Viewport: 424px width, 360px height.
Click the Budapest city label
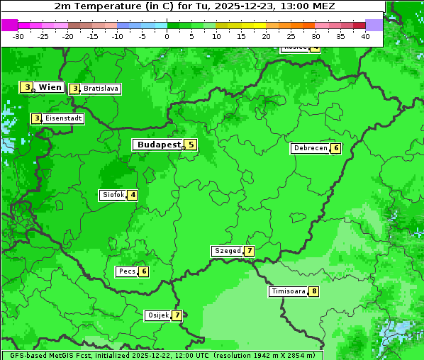coord(159,145)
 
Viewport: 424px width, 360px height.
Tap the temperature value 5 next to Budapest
coord(190,145)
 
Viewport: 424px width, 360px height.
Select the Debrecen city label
coord(310,149)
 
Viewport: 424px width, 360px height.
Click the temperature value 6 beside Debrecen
coord(336,149)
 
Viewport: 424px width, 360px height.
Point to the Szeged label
coord(227,251)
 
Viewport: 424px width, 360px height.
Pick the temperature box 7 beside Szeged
coord(249,251)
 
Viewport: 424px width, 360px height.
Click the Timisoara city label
coord(288,291)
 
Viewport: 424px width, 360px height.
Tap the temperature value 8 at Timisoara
coord(313,291)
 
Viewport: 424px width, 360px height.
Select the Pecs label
coord(127,271)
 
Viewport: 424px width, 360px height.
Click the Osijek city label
coord(157,315)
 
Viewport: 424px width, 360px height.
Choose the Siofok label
coord(113,195)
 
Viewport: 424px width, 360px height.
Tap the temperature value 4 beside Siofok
coord(133,195)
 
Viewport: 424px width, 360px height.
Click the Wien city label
coord(50,87)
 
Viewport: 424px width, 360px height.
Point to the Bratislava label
coord(100,89)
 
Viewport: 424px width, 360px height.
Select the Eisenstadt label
coord(64,118)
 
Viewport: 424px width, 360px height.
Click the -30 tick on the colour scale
coord(18,36)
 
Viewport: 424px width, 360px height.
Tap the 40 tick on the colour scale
coord(365,36)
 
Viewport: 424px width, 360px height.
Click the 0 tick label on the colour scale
coord(167,36)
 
